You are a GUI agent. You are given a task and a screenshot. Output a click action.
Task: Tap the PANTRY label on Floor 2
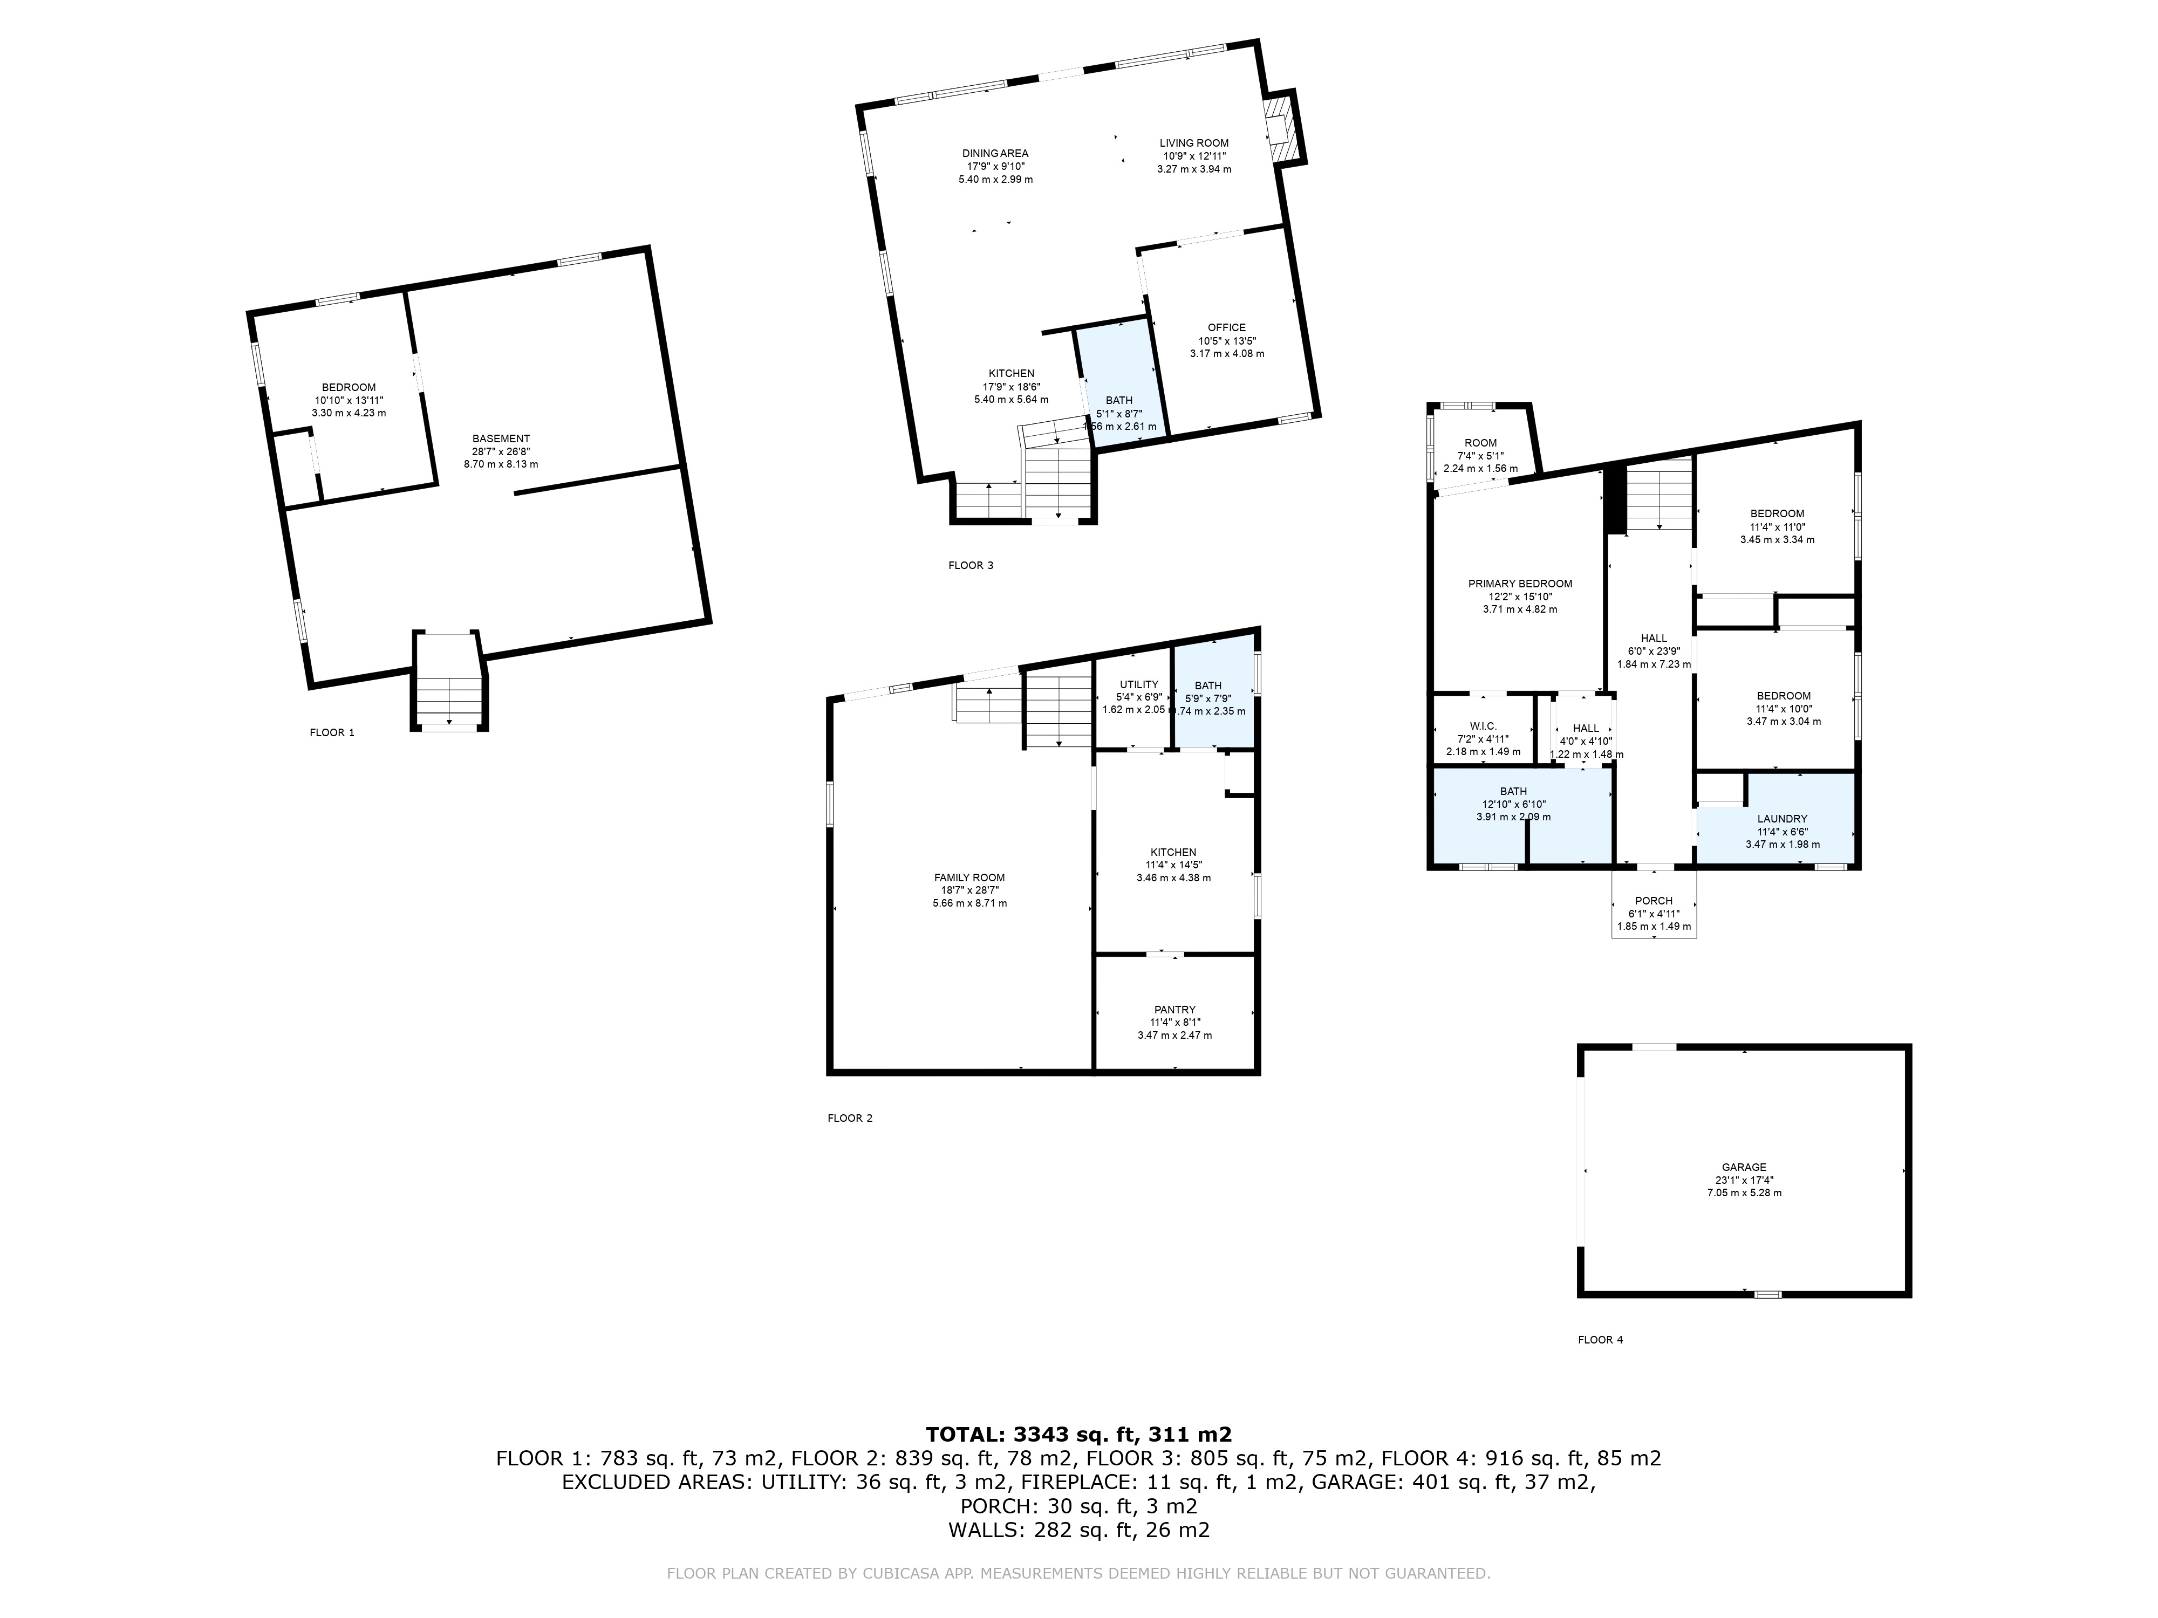(x=1173, y=1010)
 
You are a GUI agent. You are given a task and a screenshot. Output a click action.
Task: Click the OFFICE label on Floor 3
(x=1226, y=328)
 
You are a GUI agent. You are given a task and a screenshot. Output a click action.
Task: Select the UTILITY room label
(x=1138, y=684)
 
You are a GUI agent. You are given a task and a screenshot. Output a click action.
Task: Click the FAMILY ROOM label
(x=969, y=877)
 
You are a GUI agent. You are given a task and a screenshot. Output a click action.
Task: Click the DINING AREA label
(x=995, y=153)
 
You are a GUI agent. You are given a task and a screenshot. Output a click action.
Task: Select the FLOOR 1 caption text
(x=332, y=732)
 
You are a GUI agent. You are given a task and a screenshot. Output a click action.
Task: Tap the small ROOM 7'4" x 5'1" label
(x=1480, y=443)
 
